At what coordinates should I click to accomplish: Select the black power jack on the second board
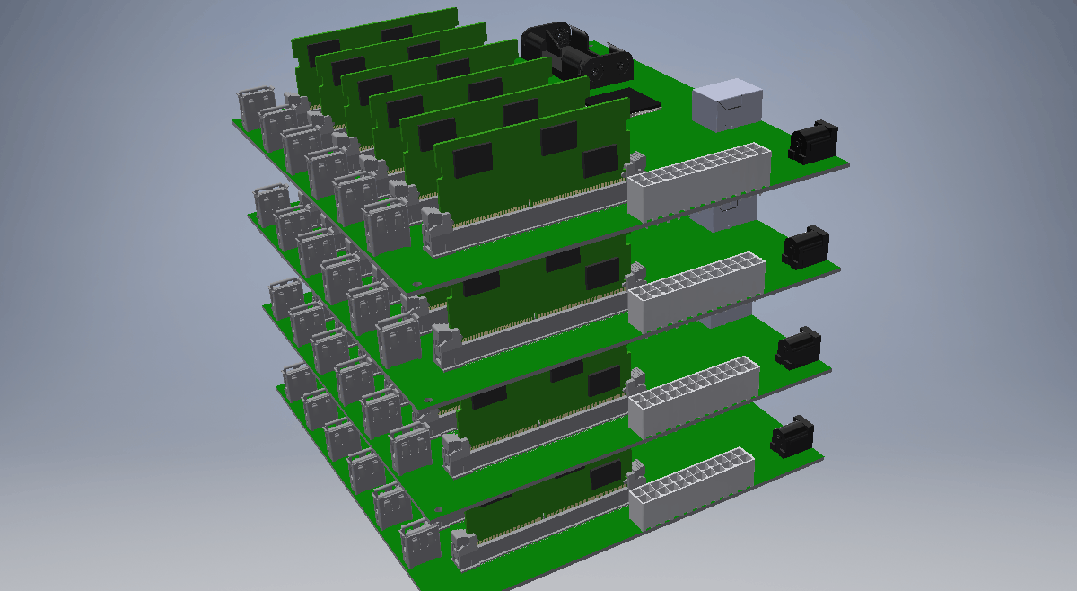pyautogui.click(x=806, y=247)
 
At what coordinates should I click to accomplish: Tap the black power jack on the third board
pyautogui.click(x=798, y=348)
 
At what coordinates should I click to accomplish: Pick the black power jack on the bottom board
pyautogui.click(x=792, y=437)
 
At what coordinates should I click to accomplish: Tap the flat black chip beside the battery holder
pyautogui.click(x=628, y=101)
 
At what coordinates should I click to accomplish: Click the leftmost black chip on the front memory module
pyautogui.click(x=473, y=161)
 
